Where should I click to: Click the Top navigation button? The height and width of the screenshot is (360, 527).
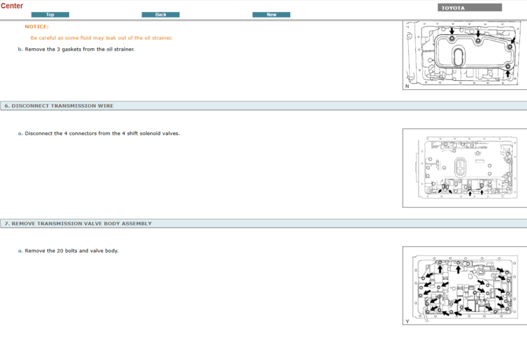[50, 15]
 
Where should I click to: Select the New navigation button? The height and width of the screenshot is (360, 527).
[271, 15]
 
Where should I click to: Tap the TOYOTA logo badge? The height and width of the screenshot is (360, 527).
[469, 8]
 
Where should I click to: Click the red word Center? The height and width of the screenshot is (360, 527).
[12, 6]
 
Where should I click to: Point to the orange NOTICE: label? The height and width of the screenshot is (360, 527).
[37, 27]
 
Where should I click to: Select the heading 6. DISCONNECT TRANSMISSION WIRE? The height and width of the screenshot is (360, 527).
[59, 106]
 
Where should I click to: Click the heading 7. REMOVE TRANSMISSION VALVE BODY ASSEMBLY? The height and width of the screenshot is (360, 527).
[78, 224]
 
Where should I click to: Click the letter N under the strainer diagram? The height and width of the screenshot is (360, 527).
[408, 86]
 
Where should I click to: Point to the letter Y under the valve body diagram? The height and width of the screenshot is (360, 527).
[408, 321]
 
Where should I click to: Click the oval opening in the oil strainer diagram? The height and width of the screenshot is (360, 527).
[458, 57]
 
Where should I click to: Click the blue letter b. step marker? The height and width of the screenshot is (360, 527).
[20, 49]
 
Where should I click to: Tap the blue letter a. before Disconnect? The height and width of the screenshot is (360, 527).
[20, 133]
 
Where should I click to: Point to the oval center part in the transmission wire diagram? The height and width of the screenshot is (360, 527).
[460, 167]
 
